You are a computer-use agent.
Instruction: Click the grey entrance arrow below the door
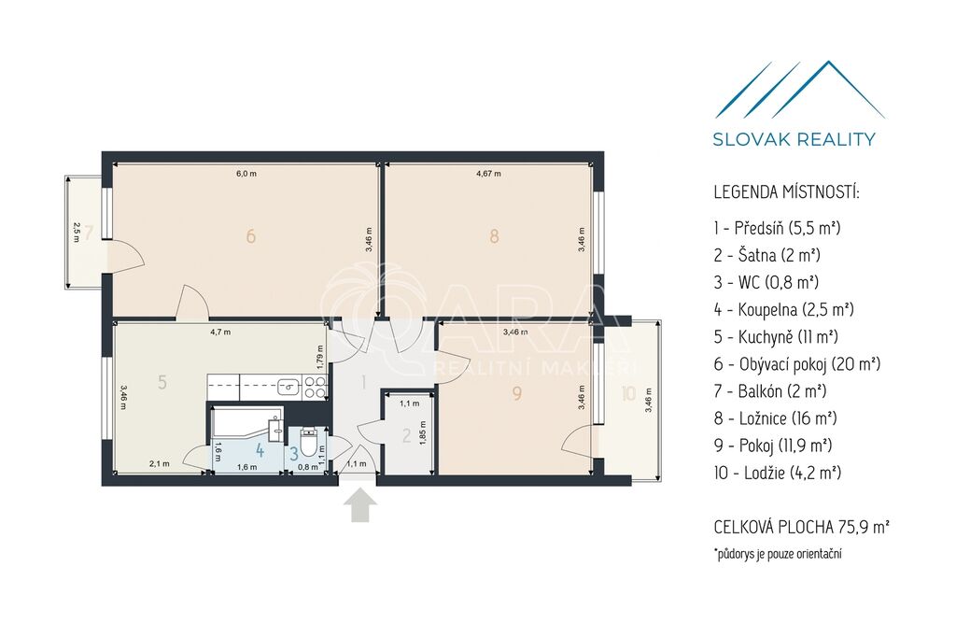click(360, 507)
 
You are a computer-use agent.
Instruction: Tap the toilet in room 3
click(309, 444)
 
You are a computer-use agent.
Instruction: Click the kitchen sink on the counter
click(288, 386)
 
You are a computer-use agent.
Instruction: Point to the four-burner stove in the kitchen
click(316, 387)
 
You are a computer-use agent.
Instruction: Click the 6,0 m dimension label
click(246, 174)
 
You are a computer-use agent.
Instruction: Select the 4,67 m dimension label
click(488, 174)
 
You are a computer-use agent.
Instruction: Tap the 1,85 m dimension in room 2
click(423, 432)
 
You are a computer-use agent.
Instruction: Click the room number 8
click(494, 236)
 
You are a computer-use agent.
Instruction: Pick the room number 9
click(517, 393)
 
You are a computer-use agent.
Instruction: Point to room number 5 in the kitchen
click(162, 382)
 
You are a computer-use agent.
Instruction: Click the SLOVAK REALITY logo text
click(794, 139)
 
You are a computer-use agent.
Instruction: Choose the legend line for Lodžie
click(778, 473)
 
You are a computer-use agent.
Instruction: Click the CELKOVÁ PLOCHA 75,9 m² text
click(801, 527)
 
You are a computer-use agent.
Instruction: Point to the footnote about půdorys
click(778, 554)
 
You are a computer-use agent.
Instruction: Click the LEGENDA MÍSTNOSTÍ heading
click(786, 192)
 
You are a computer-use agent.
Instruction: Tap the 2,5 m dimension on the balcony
click(76, 232)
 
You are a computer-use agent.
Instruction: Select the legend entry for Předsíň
click(778, 228)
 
